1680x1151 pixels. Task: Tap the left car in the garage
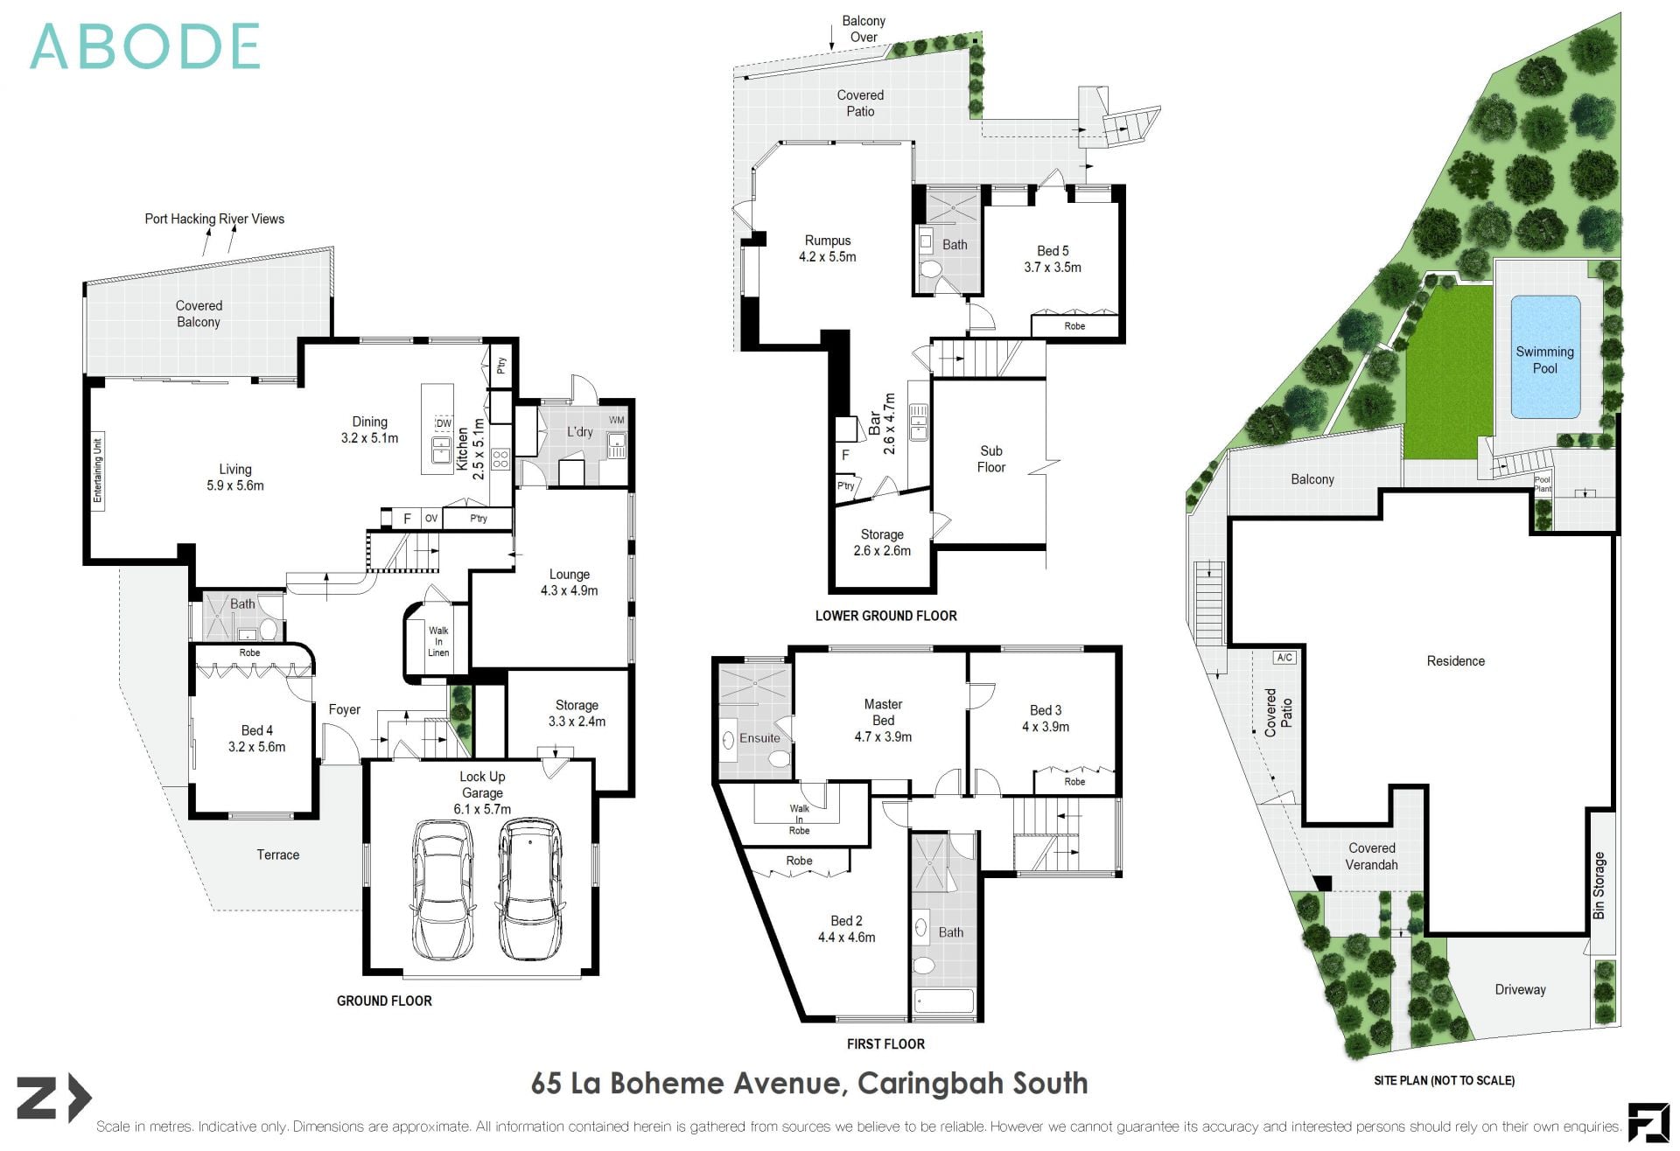[443, 889]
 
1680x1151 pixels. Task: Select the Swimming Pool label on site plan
[1544, 359]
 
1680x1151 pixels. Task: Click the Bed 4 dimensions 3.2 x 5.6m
[256, 747]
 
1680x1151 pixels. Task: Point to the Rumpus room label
[827, 241]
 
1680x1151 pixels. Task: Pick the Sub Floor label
[990, 459]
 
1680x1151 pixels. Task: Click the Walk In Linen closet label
[438, 641]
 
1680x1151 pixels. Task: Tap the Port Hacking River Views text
[214, 219]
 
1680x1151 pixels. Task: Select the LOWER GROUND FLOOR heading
[885, 616]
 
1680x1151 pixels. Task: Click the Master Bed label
[883, 712]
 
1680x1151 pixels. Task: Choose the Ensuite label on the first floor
[759, 738]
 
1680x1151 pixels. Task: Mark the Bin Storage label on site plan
[1599, 885]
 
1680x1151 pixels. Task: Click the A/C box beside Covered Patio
[1284, 658]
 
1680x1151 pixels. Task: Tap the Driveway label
[1520, 989]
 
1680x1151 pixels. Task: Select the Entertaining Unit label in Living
[98, 470]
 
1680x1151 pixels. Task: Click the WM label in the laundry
[616, 421]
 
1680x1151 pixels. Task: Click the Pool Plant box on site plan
[1543, 484]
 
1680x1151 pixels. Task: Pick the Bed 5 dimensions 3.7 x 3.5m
[1053, 268]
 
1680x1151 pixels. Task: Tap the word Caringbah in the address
[929, 1083]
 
